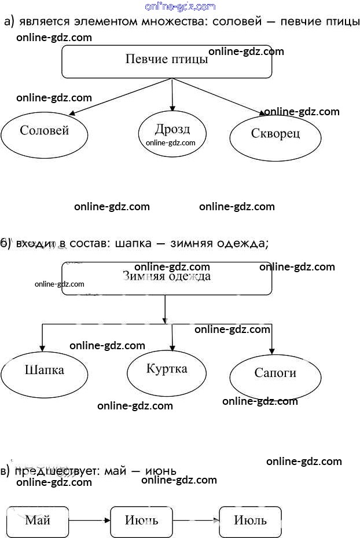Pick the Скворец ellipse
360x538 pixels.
pos(275,136)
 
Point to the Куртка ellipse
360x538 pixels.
pos(167,371)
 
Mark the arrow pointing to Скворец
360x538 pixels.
pos(220,96)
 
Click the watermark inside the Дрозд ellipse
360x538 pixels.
pos(171,143)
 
